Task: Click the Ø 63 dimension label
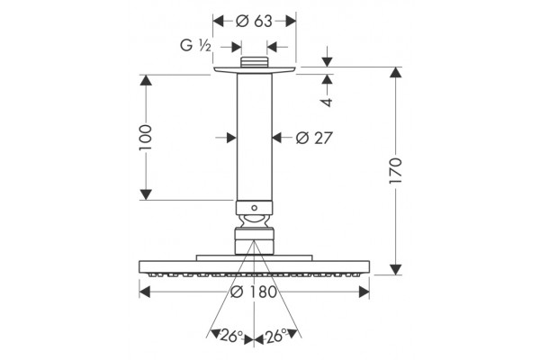[x=254, y=22]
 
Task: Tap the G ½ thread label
[x=195, y=46]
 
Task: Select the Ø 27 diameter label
[x=314, y=138]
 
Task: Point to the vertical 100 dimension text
[x=145, y=138]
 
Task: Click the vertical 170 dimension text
[x=396, y=171]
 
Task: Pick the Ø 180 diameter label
[x=254, y=292]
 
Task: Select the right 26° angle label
[x=276, y=336]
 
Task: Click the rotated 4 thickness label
[x=327, y=102]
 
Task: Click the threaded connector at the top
[x=254, y=62]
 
